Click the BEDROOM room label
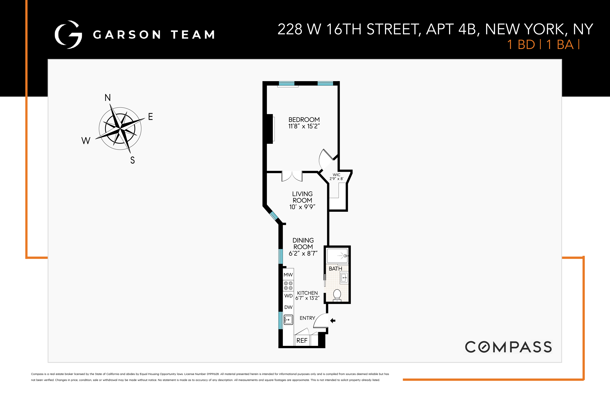pyautogui.click(x=304, y=120)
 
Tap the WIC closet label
pyautogui.click(x=336, y=175)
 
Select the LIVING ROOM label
pyautogui.click(x=302, y=197)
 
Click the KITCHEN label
pyautogui.click(x=307, y=293)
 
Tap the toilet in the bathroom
pyautogui.click(x=337, y=295)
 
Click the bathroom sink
pyautogui.click(x=344, y=277)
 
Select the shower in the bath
pyautogui.click(x=337, y=256)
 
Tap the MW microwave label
pyautogui.click(x=288, y=275)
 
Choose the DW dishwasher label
pyautogui.click(x=288, y=307)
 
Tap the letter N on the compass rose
pyautogui.click(x=108, y=98)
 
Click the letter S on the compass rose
pyautogui.click(x=132, y=160)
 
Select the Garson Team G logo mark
pyautogui.click(x=68, y=35)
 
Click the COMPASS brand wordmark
pyautogui.click(x=508, y=347)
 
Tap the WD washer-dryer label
pyautogui.click(x=288, y=296)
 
